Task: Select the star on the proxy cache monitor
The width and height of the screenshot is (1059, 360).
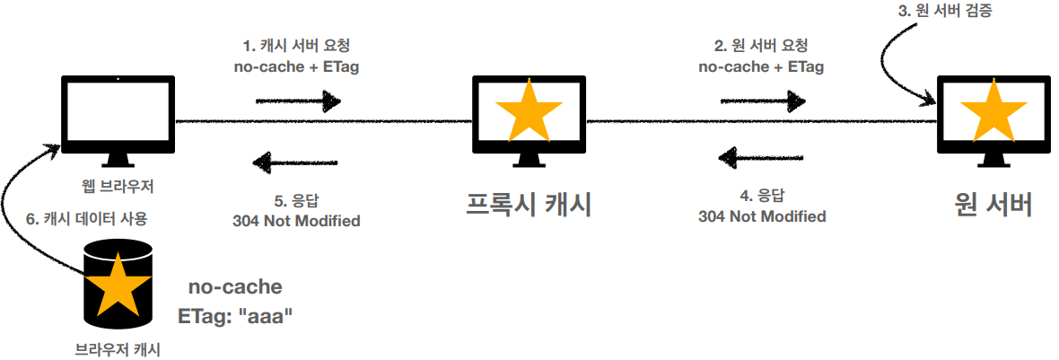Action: pyautogui.click(x=529, y=111)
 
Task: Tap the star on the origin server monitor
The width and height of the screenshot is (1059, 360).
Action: pyautogui.click(x=993, y=111)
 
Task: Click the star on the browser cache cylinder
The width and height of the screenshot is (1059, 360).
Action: pyautogui.click(x=116, y=285)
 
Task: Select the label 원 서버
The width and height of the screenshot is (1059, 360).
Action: pyautogui.click(x=993, y=204)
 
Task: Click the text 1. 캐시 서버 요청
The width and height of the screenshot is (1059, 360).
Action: pyautogui.click(x=296, y=47)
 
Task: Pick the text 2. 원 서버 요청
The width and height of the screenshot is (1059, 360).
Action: pyautogui.click(x=761, y=47)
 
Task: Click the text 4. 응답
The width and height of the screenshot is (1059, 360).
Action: pyautogui.click(x=761, y=195)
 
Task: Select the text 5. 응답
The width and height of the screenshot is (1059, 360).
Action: pyautogui.click(x=296, y=199)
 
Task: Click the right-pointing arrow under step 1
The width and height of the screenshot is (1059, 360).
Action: pyautogui.click(x=295, y=99)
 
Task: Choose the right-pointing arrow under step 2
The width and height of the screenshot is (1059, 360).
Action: pyautogui.click(x=761, y=99)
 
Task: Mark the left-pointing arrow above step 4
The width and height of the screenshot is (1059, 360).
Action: pyautogui.click(x=761, y=159)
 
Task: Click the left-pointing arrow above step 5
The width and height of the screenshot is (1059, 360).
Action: pyautogui.click(x=295, y=162)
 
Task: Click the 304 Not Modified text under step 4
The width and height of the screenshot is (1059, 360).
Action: pyautogui.click(x=761, y=216)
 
